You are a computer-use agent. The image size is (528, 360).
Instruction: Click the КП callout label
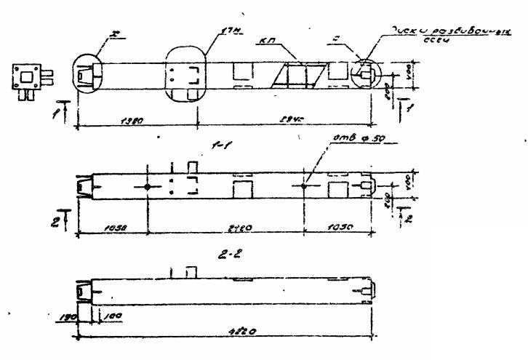click(267, 43)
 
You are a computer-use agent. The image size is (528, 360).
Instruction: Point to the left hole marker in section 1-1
click(148, 187)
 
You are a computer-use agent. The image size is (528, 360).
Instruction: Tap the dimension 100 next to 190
click(97, 317)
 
